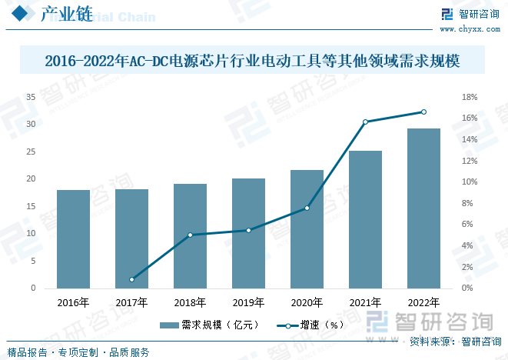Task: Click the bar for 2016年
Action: [73, 238]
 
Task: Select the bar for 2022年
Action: [423, 208]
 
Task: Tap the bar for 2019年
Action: [248, 233]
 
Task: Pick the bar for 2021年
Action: [365, 219]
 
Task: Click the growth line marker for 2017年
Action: [131, 279]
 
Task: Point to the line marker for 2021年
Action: [365, 122]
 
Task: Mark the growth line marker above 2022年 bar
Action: [423, 112]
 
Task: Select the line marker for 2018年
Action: [190, 235]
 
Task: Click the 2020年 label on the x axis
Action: [307, 302]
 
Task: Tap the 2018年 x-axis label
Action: [190, 302]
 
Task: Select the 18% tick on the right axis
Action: [469, 97]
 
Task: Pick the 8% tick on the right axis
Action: [469, 203]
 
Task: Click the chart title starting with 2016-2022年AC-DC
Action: [254, 59]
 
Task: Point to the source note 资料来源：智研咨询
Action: [454, 342]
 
